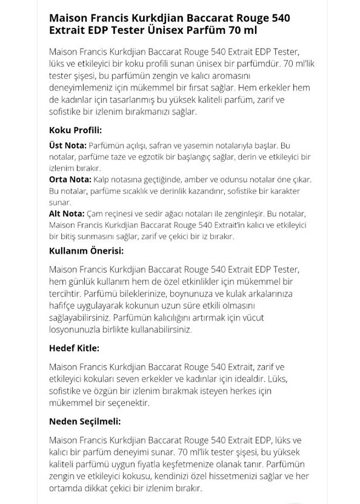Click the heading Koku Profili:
tap(75, 130)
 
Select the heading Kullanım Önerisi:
tap(86, 251)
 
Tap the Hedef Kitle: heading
tap(74, 348)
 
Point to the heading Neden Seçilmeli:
tap(85, 422)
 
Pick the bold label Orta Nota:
tap(70, 179)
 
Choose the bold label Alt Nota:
tap(67, 213)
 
